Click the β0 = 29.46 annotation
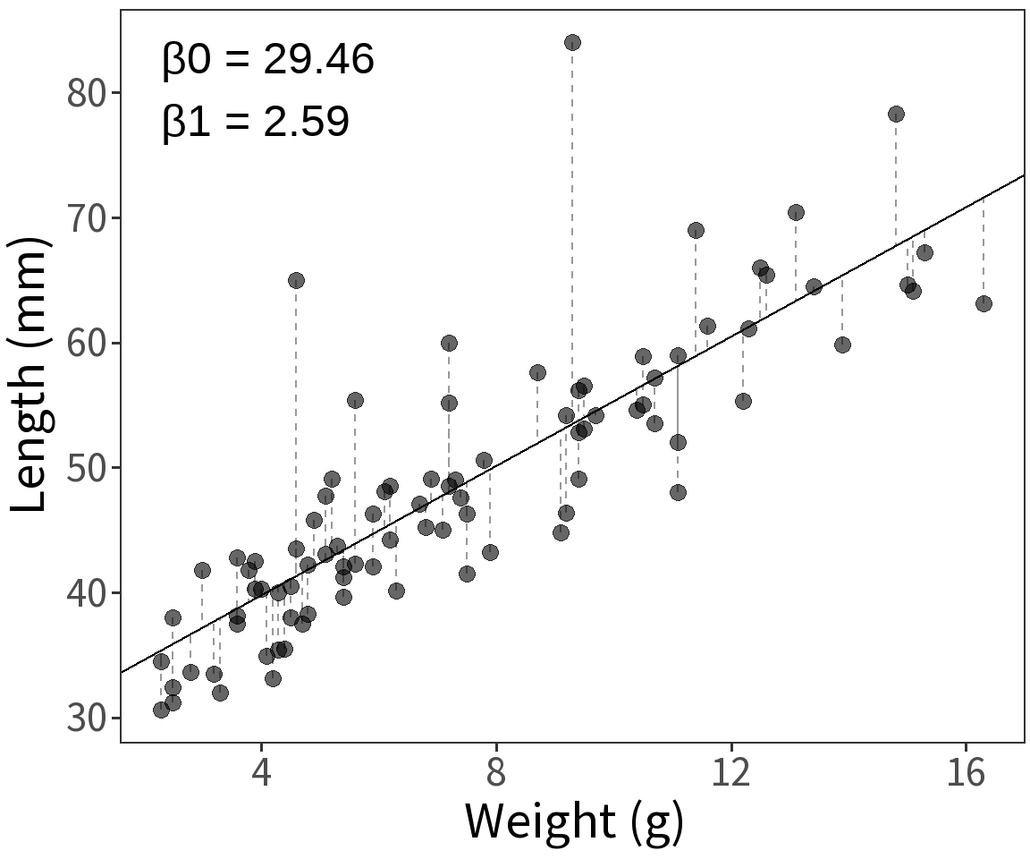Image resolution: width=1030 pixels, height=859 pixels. pyautogui.click(x=268, y=61)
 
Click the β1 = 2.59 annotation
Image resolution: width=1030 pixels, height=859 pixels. pyautogui.click(x=256, y=122)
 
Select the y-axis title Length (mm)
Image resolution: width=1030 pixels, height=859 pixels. pyautogui.click(x=30, y=376)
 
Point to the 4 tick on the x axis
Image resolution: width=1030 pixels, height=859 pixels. pyautogui.click(x=261, y=772)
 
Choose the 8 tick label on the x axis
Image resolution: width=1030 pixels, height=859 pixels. pyautogui.click(x=496, y=772)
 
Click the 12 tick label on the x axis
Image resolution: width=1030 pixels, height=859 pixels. pyautogui.click(x=731, y=772)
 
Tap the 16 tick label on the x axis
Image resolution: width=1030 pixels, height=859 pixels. pyautogui.click(x=967, y=772)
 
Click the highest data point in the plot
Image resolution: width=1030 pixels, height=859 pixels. pyautogui.click(x=572, y=42)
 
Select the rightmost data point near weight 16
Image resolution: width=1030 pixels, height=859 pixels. pyautogui.click(x=984, y=303)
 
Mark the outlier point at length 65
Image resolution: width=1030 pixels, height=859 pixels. pyautogui.click(x=296, y=280)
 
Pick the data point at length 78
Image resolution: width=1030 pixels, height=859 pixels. pyautogui.click(x=896, y=114)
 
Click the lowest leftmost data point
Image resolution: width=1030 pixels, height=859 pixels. pyautogui.click(x=161, y=710)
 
